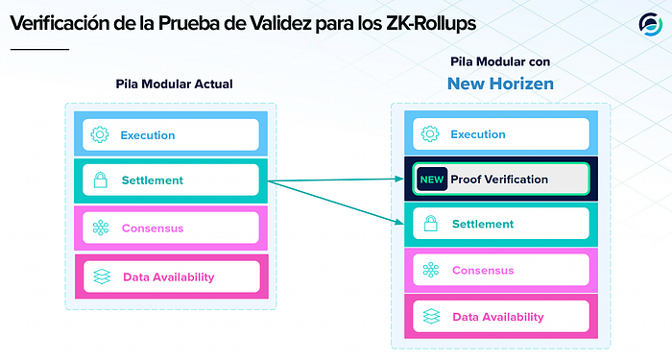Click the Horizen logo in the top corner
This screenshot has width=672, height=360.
[x=651, y=24]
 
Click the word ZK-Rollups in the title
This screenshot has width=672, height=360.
[x=431, y=24]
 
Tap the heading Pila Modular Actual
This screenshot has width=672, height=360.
[x=175, y=84]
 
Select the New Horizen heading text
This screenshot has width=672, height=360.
[x=500, y=84]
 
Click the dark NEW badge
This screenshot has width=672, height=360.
[x=432, y=180]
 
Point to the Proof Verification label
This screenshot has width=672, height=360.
[x=499, y=180]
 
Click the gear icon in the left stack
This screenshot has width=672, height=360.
[x=100, y=134]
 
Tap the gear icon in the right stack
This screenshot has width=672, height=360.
[x=430, y=133]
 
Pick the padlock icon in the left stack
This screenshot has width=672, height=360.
[x=100, y=180]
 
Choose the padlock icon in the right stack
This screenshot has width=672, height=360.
[x=431, y=224]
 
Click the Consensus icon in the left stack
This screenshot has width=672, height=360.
[x=101, y=228]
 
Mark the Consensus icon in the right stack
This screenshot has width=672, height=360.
[x=431, y=270]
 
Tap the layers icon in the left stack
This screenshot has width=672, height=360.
[x=102, y=276]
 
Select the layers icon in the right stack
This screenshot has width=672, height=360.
[x=432, y=316]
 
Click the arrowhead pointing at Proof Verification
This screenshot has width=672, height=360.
[x=400, y=179]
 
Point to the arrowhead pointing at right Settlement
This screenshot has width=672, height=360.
[x=400, y=222]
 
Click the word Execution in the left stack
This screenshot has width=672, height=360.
[x=148, y=135]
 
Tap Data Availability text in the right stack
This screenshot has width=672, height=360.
[x=498, y=317]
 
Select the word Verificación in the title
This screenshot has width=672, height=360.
[x=60, y=24]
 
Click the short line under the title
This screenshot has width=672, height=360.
[x=39, y=49]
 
